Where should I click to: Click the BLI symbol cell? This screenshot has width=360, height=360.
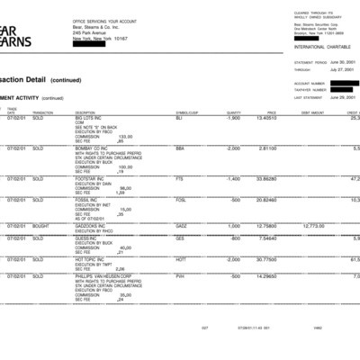pos(179,118)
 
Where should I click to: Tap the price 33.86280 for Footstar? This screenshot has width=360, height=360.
pos(265,178)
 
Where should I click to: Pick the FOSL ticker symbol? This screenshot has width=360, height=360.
pos(181,200)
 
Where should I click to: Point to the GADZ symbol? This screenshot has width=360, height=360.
pos(181,226)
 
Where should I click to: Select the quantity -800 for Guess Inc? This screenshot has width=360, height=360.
pos(234,238)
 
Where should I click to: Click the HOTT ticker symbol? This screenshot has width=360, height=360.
pos(181,259)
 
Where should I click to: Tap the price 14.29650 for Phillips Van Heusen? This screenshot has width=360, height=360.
pos(265,275)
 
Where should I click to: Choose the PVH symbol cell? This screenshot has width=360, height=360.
pos(180,275)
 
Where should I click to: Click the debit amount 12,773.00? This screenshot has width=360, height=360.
pos(312,226)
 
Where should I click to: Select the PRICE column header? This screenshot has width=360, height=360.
pos(271,112)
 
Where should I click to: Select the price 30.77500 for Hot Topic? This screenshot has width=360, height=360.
pos(265,259)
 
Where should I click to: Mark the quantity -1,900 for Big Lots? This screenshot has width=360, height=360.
pos(232,118)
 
